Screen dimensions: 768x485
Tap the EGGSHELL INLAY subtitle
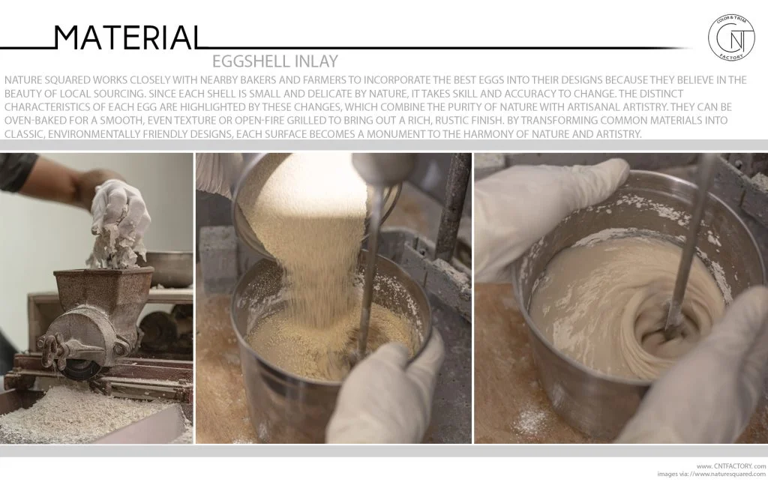click(x=274, y=61)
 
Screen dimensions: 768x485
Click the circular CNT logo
click(x=732, y=38)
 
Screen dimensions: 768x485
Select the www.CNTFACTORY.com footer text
click(x=730, y=466)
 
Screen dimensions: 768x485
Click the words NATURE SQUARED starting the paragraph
click(x=47, y=80)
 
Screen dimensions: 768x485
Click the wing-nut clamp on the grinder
click(x=50, y=349)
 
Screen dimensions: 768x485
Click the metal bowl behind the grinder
click(x=169, y=268)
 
